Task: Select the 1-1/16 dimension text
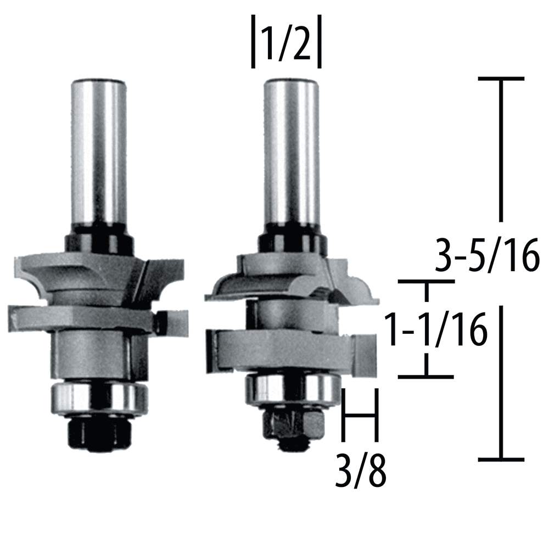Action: [435, 329]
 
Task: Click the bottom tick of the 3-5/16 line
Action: [501, 458]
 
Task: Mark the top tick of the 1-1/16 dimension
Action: [426, 282]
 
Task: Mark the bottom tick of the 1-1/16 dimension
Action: [426, 377]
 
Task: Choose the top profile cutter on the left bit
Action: [99, 274]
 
